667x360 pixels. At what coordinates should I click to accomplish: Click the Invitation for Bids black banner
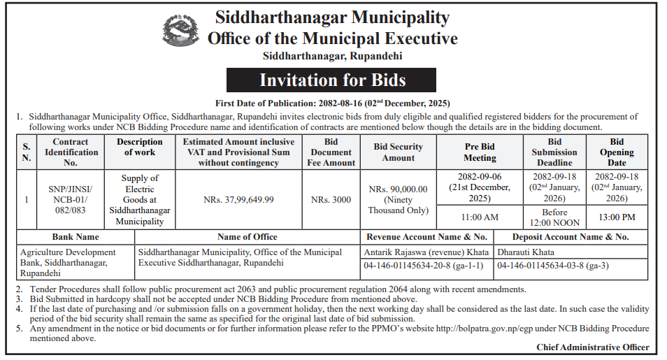[x=332, y=80]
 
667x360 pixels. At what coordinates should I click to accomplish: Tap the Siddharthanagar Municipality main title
[x=332, y=17]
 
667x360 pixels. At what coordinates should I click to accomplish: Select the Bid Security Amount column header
[x=399, y=152]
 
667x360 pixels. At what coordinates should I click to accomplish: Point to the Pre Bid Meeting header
[x=480, y=152]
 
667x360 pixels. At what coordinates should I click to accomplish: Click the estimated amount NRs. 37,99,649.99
[x=238, y=200]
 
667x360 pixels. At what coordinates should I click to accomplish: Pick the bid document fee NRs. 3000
[x=331, y=200]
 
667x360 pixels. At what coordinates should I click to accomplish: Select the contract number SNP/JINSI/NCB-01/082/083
[x=70, y=200]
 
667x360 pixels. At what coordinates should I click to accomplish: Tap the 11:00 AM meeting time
[x=480, y=217]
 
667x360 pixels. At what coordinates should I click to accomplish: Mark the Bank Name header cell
[x=75, y=237]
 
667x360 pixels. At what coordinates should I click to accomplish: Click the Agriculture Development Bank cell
[x=68, y=262]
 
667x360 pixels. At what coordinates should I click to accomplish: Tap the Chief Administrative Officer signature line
[x=592, y=347]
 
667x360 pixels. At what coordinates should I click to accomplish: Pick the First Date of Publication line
[x=331, y=103]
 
